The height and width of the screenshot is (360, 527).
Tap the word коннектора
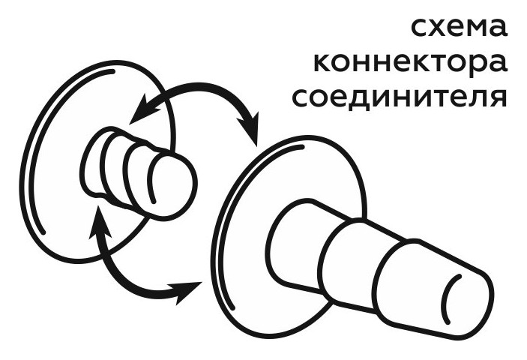click(409, 63)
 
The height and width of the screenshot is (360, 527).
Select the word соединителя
click(398, 98)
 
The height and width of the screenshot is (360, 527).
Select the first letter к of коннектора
click(323, 63)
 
